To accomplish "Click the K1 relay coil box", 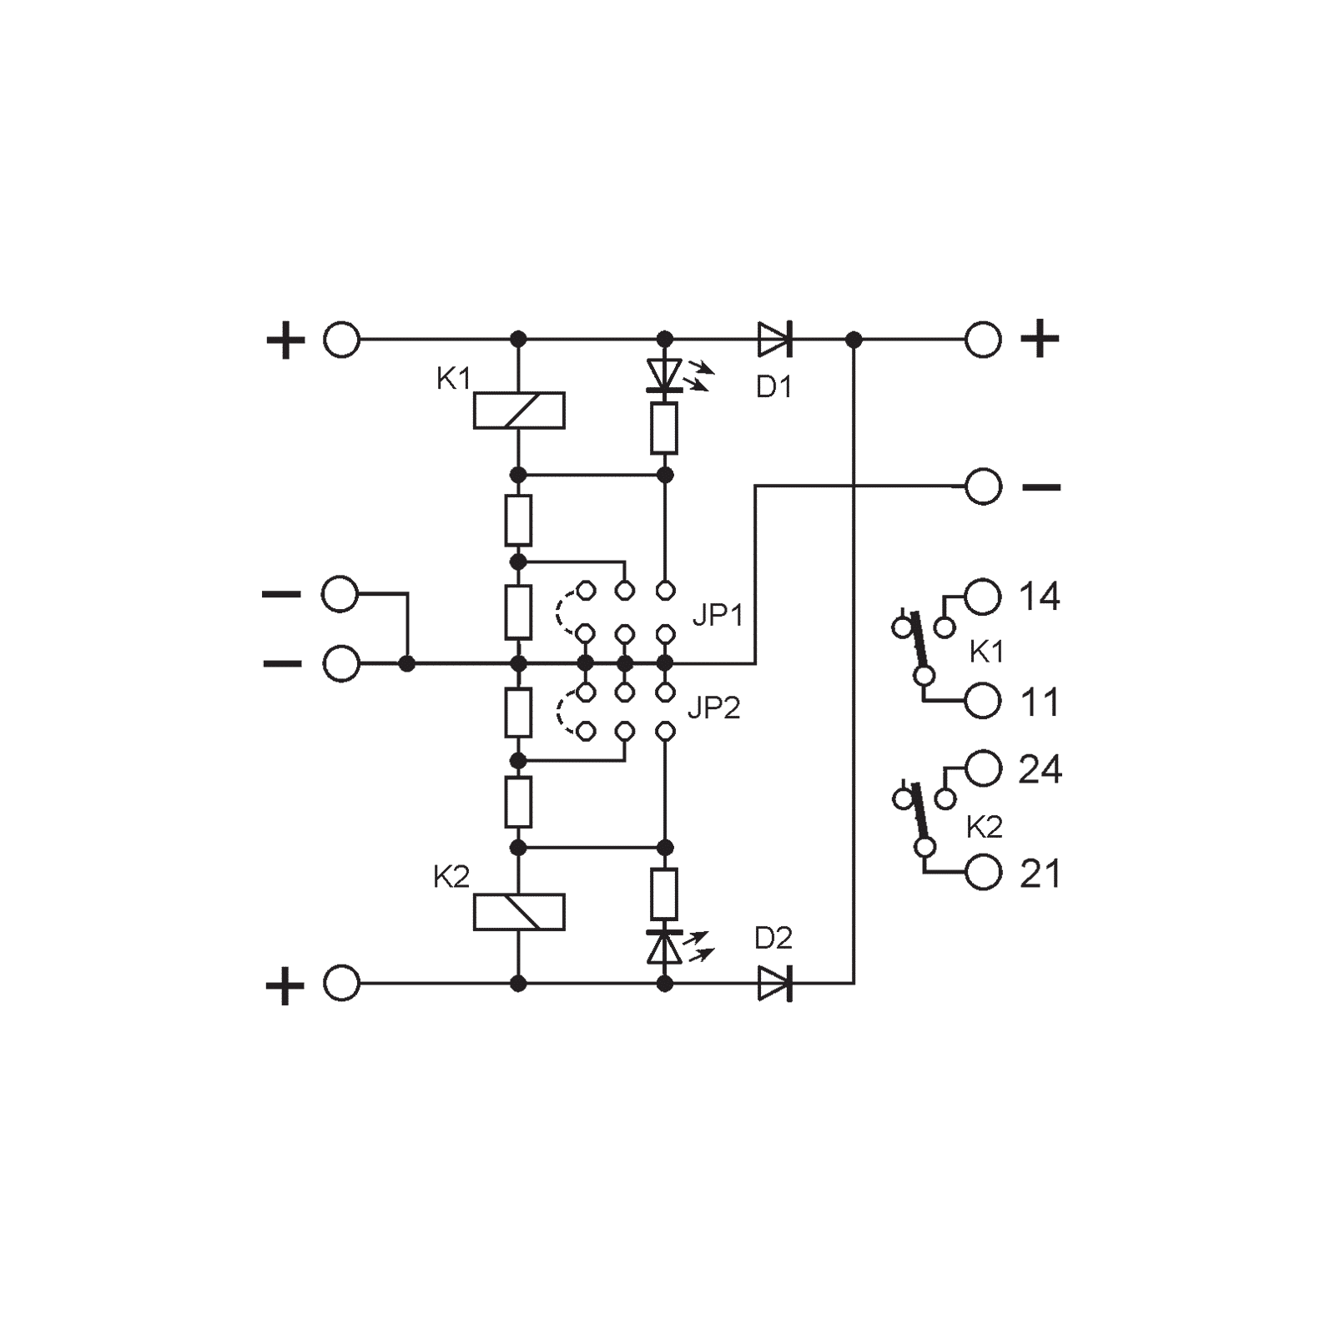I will pos(518,410).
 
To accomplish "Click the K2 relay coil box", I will pos(518,912).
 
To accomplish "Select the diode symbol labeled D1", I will pos(775,340).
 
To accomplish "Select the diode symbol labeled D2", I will pos(775,985).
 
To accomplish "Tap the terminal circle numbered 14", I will pos(983,597).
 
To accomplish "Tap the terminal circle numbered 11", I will pos(983,702).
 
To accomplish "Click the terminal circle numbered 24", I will pos(983,768).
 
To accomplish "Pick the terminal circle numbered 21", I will pos(983,873).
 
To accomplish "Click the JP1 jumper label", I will pos(717,618).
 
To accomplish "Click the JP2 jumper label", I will pos(713,710).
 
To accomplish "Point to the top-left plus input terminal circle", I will pos(342,340).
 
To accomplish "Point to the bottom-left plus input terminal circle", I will pos(342,985).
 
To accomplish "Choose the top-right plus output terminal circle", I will pos(983,340).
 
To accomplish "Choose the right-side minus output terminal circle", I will pos(983,486).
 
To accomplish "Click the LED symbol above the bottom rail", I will pos(665,947).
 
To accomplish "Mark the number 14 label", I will pos(1039,597).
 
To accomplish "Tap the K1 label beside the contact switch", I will pos(985,652).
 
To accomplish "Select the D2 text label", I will pos(773,940).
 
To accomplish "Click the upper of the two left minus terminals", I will pos(340,595).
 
